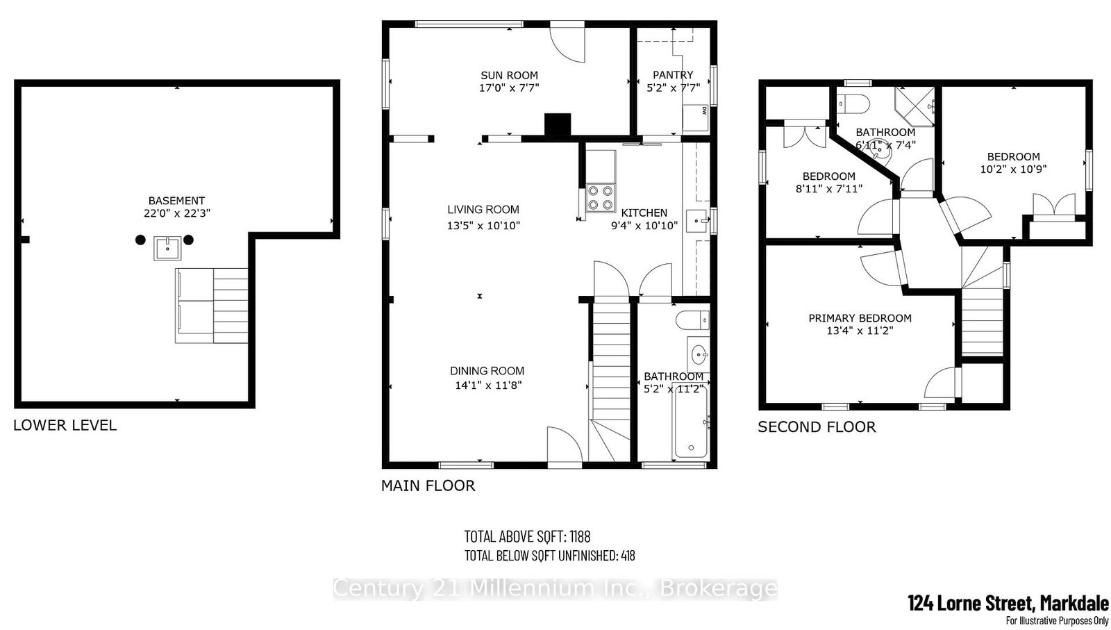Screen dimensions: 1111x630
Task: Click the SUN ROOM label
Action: (x=509, y=76)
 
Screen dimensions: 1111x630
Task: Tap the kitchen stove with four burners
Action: (x=601, y=198)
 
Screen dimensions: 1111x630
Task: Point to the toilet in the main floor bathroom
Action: (x=693, y=320)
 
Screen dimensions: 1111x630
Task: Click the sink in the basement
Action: (x=167, y=248)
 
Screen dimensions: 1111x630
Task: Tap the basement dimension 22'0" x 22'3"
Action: (x=176, y=213)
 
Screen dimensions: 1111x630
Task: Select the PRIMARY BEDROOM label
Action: (x=860, y=318)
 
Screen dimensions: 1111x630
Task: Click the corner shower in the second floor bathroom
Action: (x=914, y=107)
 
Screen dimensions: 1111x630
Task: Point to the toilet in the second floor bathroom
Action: (x=853, y=104)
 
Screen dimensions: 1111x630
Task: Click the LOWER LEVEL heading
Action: (x=65, y=425)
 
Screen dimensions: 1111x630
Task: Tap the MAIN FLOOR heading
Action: (x=428, y=486)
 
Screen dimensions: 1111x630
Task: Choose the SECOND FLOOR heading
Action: (x=817, y=426)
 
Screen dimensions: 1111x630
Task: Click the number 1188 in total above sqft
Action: (x=580, y=536)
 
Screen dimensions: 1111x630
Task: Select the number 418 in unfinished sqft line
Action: (x=628, y=556)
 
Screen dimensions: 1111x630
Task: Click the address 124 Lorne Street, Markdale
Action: (x=1008, y=603)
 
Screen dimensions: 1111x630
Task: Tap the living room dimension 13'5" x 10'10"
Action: (x=483, y=226)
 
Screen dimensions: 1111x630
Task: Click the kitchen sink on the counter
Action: (x=697, y=221)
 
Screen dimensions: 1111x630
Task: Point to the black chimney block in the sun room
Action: (x=558, y=124)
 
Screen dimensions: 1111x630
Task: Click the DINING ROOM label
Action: (x=487, y=371)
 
